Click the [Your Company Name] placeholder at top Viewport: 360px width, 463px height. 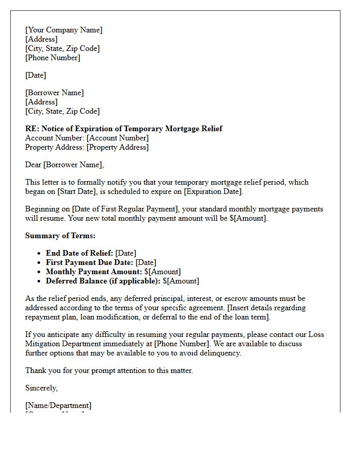(x=64, y=30)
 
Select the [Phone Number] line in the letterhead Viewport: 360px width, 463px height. (x=52, y=58)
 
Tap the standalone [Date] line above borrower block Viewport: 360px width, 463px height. (x=35, y=75)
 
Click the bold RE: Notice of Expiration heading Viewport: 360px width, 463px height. (x=123, y=129)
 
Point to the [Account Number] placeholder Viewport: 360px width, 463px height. (x=117, y=138)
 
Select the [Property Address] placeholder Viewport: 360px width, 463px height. (x=117, y=147)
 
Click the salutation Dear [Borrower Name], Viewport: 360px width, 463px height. (x=64, y=165)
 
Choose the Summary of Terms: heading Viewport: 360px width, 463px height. (x=60, y=236)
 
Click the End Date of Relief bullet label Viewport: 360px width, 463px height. (x=79, y=253)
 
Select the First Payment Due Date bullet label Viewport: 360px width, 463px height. (x=89, y=262)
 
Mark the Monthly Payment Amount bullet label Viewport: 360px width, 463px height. (x=94, y=272)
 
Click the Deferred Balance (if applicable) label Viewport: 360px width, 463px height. (x=103, y=281)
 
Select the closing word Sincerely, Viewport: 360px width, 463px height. (x=41, y=388)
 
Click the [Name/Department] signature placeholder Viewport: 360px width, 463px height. (x=58, y=405)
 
